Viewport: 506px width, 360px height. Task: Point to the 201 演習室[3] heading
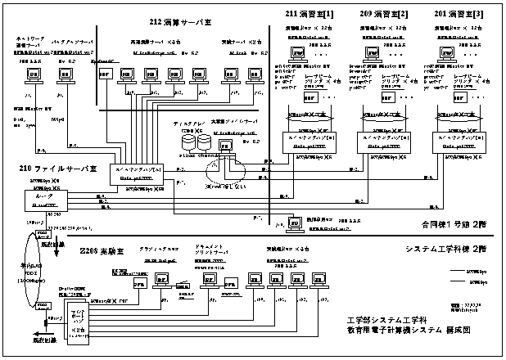[459, 15]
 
